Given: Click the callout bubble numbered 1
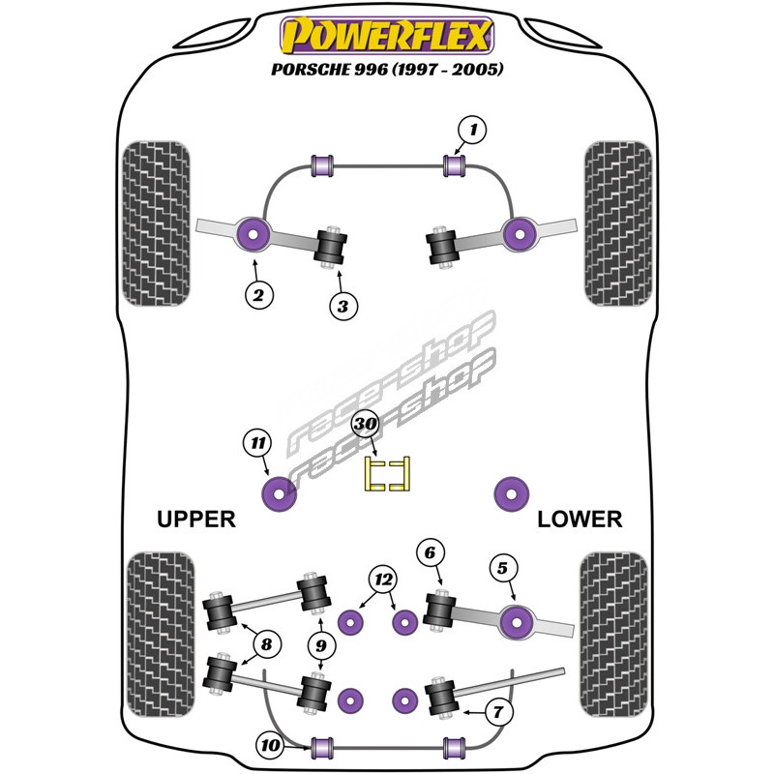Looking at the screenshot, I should (472, 129).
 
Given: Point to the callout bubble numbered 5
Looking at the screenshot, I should (502, 570).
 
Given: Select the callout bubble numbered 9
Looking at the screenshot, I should (320, 644).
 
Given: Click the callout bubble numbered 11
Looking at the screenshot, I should (256, 443).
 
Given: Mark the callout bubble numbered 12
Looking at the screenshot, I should (384, 580).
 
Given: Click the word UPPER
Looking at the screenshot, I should (196, 520).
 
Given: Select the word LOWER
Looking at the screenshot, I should (580, 520).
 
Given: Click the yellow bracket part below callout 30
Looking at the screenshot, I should (387, 473).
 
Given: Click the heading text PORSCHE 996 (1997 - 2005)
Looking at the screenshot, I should (387, 69).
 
